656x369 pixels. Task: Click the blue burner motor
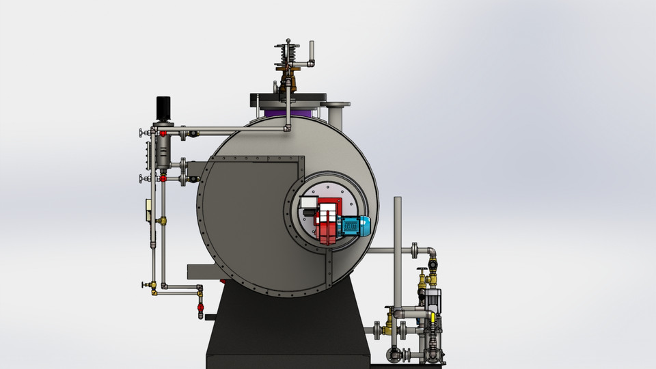coord(353,225)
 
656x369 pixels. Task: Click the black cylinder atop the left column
coord(163,106)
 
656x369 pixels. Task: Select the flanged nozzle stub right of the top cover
coord(335,113)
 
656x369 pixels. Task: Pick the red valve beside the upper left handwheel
coord(163,133)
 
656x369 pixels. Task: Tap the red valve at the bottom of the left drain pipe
coord(200,308)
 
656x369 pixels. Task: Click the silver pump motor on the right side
coord(433,298)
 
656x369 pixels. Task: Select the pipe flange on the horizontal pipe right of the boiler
coord(415,251)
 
